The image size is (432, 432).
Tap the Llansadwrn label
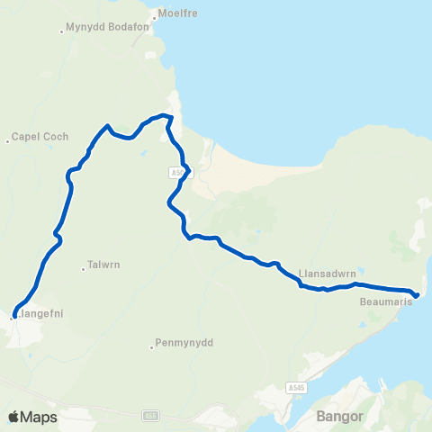325,271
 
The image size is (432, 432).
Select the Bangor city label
338,417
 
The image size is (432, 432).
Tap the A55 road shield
150,416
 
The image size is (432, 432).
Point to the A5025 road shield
177,171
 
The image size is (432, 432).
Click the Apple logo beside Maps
14,417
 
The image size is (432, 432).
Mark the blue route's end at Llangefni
13,316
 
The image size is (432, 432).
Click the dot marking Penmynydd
151,344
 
